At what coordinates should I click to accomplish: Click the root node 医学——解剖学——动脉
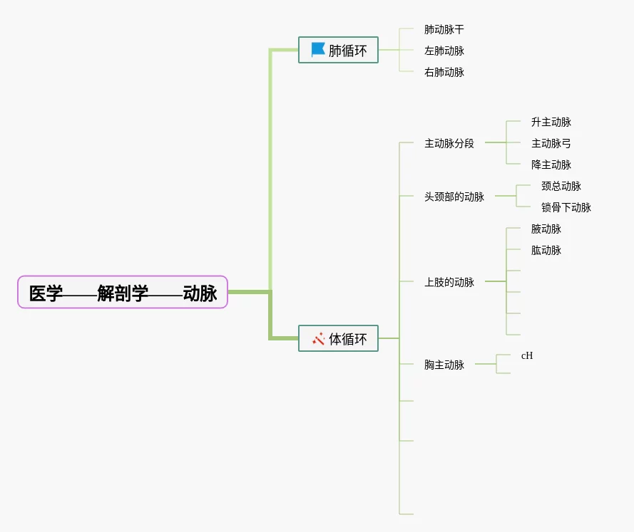[x=123, y=292]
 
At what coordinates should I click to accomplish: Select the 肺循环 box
[x=338, y=50]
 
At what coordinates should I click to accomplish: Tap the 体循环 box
[x=338, y=338]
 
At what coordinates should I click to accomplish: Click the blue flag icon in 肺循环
[x=318, y=50]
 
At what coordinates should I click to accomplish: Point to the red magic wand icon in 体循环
[x=318, y=339]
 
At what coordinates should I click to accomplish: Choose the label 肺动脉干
[x=444, y=29]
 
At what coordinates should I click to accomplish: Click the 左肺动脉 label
[x=444, y=51]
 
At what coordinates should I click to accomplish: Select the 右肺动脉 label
[x=444, y=72]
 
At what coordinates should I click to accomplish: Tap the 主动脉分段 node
[x=449, y=143]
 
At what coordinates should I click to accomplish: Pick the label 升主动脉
[x=551, y=122]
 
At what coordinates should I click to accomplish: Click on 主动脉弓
[x=551, y=143]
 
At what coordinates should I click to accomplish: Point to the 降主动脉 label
[x=551, y=165]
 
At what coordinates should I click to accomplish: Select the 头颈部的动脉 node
[x=454, y=197]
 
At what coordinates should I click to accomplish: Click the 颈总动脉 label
[x=561, y=186]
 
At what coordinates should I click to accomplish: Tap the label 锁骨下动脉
[x=566, y=207]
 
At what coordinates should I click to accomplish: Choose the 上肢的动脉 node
[x=449, y=282]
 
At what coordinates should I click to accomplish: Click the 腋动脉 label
[x=546, y=229]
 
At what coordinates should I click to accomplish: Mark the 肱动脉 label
[x=546, y=250]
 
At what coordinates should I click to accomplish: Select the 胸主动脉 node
[x=444, y=365]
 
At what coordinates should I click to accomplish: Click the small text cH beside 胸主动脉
[x=527, y=355]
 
